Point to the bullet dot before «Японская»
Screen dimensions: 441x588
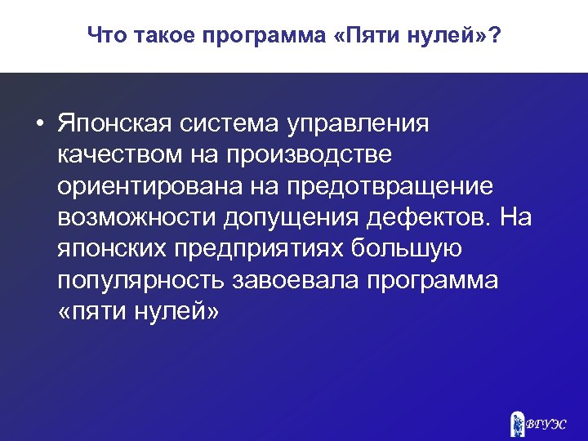(x=38, y=125)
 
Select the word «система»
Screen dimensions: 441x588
(x=234, y=124)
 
